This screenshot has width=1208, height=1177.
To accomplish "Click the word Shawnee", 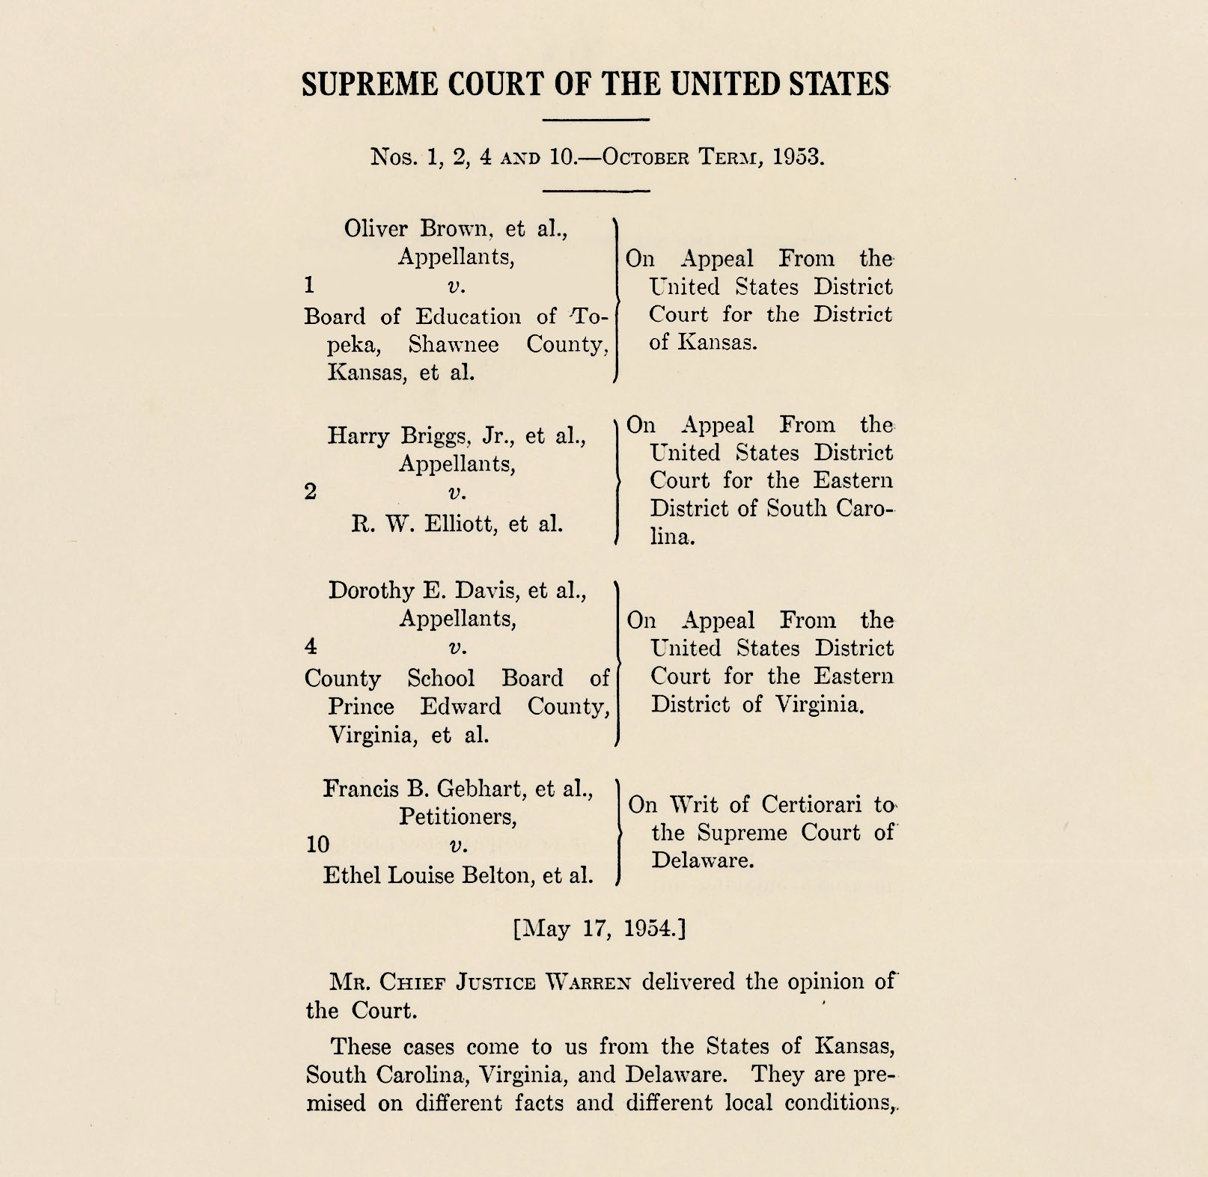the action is [454, 344].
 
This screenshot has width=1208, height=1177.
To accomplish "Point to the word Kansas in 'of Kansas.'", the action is [716, 342].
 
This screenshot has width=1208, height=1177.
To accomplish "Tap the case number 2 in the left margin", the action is [311, 492].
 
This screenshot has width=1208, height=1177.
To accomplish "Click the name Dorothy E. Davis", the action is [424, 590].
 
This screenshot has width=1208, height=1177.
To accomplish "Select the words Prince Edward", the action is [414, 706].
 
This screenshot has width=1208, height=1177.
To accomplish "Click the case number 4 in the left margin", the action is [311, 646].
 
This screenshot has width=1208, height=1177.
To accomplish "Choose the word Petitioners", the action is [457, 816].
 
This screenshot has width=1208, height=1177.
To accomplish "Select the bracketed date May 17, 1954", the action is [599, 929].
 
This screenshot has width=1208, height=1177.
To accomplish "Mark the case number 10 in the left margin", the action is [318, 845].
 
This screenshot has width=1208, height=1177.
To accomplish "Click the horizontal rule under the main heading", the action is [595, 120].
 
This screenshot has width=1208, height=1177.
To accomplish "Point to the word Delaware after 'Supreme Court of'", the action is [702, 860].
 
